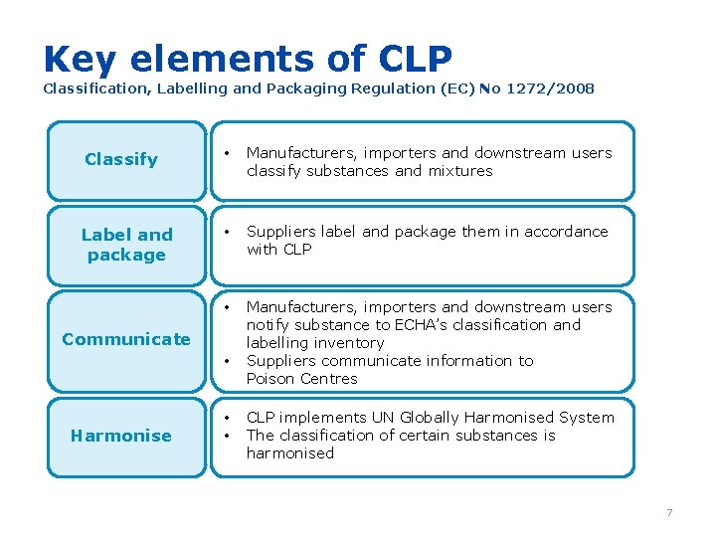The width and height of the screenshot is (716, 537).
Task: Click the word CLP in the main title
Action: [x=416, y=60]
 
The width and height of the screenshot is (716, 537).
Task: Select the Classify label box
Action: [x=121, y=159]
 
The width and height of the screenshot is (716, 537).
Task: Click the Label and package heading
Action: [x=126, y=245]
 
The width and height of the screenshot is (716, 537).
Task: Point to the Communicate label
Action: [x=126, y=339]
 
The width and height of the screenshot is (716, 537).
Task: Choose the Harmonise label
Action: [x=121, y=436]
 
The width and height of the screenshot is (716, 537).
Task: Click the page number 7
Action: [x=669, y=512]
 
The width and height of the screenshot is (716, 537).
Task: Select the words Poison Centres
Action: [x=301, y=379]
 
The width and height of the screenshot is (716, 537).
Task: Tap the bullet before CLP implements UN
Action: [x=229, y=418]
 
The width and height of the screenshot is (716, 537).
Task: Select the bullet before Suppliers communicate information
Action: [x=229, y=361]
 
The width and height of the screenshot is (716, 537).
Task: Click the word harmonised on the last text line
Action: [x=290, y=453]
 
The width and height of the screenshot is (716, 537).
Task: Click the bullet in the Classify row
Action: [x=229, y=153]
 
